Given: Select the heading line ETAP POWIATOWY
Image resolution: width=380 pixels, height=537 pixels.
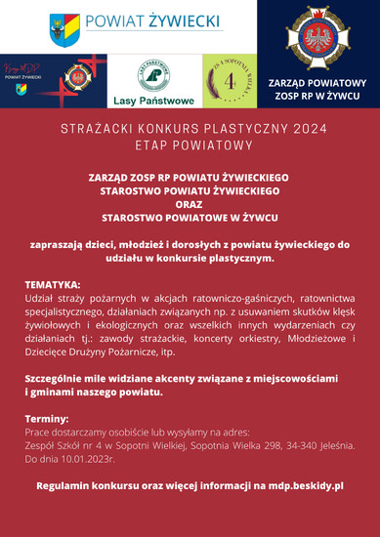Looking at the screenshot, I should (190, 145).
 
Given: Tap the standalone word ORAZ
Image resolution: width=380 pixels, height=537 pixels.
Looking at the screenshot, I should (190, 206).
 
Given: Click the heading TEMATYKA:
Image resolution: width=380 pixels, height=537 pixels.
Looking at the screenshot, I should (53, 284).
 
